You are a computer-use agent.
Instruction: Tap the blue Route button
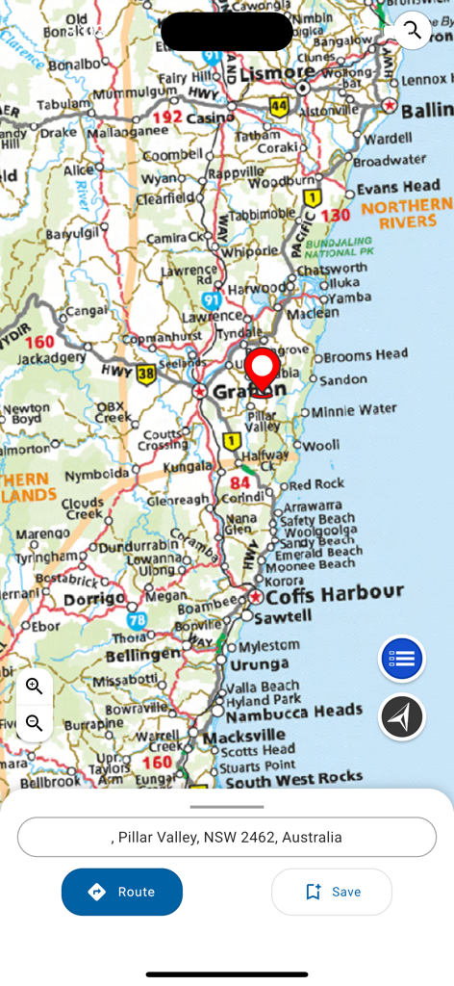[122, 892]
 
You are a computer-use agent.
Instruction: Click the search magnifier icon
[413, 30]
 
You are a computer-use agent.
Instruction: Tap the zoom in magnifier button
[35, 687]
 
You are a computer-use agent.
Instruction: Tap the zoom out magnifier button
[35, 723]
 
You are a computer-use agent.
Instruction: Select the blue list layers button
[402, 660]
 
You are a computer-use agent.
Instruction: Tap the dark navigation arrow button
[402, 716]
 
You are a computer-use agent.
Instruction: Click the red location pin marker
[262, 371]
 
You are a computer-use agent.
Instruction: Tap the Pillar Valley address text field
[227, 837]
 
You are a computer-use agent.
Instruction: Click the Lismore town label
[277, 72]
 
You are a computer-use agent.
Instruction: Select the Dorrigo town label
[94, 599]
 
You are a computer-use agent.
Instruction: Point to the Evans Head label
[398, 187]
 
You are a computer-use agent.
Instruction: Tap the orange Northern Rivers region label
[406, 214]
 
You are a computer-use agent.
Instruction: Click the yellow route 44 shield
[279, 106]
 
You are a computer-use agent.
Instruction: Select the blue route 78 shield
[138, 620]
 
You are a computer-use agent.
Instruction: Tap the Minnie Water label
[354, 411]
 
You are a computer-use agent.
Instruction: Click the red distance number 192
[167, 117]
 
